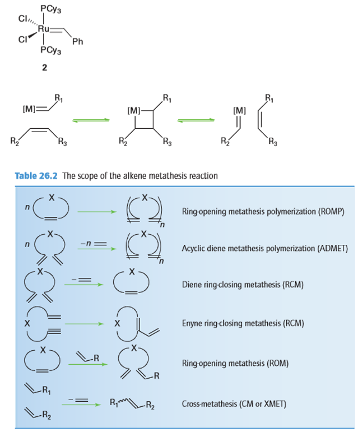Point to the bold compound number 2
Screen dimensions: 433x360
tap(44, 68)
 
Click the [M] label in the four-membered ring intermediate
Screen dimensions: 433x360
tap(134, 112)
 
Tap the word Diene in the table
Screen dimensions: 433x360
tap(191, 285)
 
